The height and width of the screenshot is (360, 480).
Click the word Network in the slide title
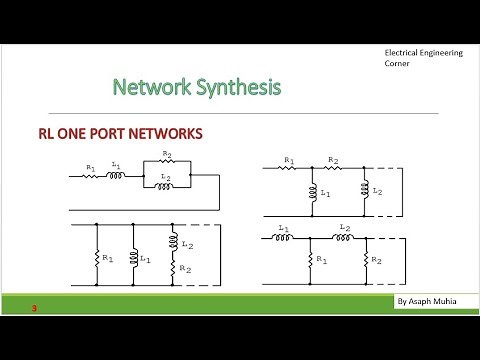pos(149,87)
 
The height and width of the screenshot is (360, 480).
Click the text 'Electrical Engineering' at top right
pos(423,52)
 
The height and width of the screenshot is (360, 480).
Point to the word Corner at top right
pos(399,64)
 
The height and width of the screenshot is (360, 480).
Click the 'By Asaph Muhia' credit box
pos(422,301)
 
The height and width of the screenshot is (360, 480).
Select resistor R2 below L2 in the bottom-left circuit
pos(173,269)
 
